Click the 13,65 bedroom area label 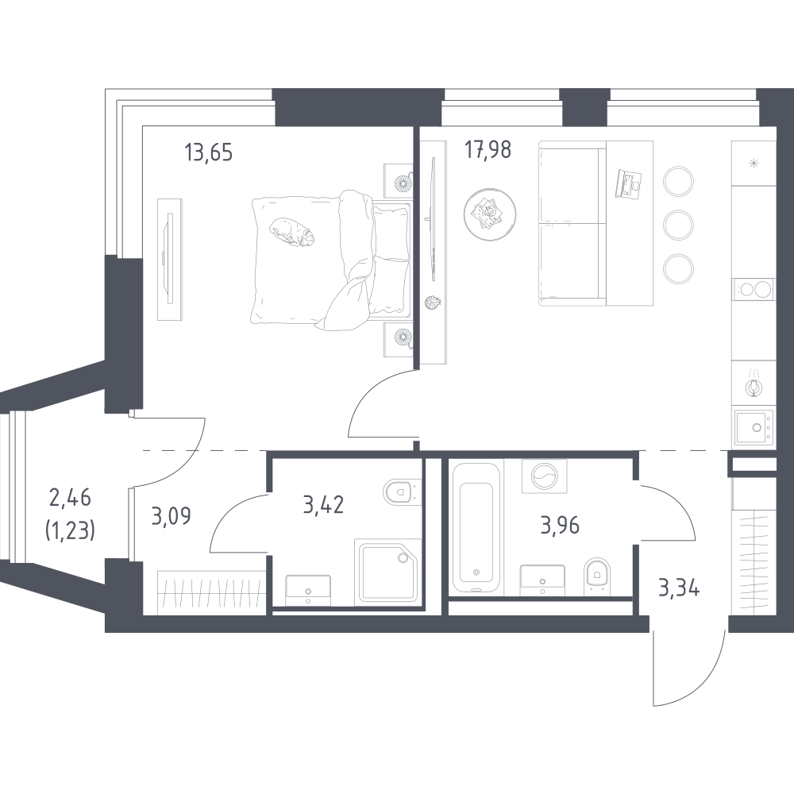(x=209, y=152)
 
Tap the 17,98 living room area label (x=488, y=150)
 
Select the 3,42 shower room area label (x=323, y=505)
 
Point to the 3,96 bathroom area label (x=560, y=526)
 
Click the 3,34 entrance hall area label (x=679, y=588)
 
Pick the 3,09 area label (x=171, y=516)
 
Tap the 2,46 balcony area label (x=71, y=499)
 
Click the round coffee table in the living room (x=490, y=214)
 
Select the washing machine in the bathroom (x=545, y=476)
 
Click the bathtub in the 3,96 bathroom (x=476, y=526)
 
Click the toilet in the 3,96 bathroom (x=598, y=576)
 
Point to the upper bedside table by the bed (x=398, y=181)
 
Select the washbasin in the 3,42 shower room (x=308, y=591)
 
